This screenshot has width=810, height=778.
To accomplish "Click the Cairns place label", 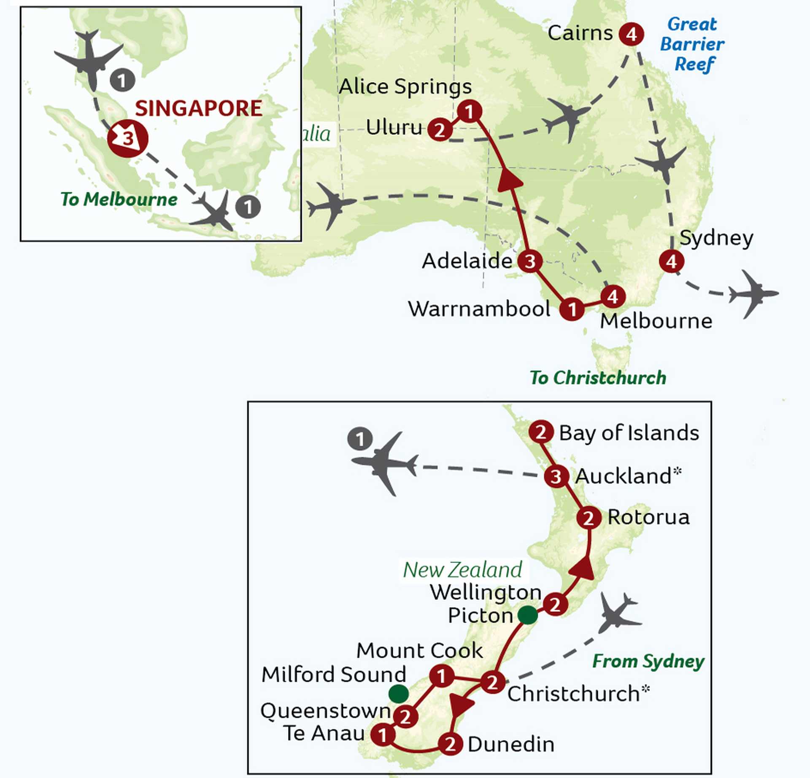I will pyautogui.click(x=580, y=33).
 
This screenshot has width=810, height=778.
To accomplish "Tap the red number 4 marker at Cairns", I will pyautogui.click(x=631, y=34).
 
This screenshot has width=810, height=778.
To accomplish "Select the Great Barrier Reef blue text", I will pyautogui.click(x=692, y=44).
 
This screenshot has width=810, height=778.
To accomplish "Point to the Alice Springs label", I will pyautogui.click(x=405, y=87).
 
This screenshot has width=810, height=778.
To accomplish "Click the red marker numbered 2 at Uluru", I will pyautogui.click(x=440, y=129).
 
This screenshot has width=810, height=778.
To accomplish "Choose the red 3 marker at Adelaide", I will pyautogui.click(x=530, y=261).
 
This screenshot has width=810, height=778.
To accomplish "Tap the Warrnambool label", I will pyautogui.click(x=479, y=309).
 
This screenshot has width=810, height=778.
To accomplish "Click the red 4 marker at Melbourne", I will pyautogui.click(x=613, y=297).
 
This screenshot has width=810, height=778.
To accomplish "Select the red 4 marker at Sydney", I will pyautogui.click(x=671, y=261).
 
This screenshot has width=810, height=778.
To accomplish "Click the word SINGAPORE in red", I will pyautogui.click(x=199, y=108).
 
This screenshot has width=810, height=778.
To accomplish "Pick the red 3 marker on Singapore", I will pyautogui.click(x=128, y=138).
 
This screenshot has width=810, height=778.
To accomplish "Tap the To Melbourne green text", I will pyautogui.click(x=119, y=199).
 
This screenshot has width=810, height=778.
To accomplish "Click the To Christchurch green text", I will pyautogui.click(x=598, y=378).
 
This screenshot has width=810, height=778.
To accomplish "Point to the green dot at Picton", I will pyautogui.click(x=527, y=615).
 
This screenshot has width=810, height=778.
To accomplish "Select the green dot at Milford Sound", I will pyautogui.click(x=398, y=694).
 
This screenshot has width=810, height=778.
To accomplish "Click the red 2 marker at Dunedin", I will pyautogui.click(x=450, y=744).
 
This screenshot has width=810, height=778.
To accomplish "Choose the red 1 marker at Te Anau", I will pyautogui.click(x=383, y=735).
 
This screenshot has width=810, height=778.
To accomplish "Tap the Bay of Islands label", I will pyautogui.click(x=629, y=433).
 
